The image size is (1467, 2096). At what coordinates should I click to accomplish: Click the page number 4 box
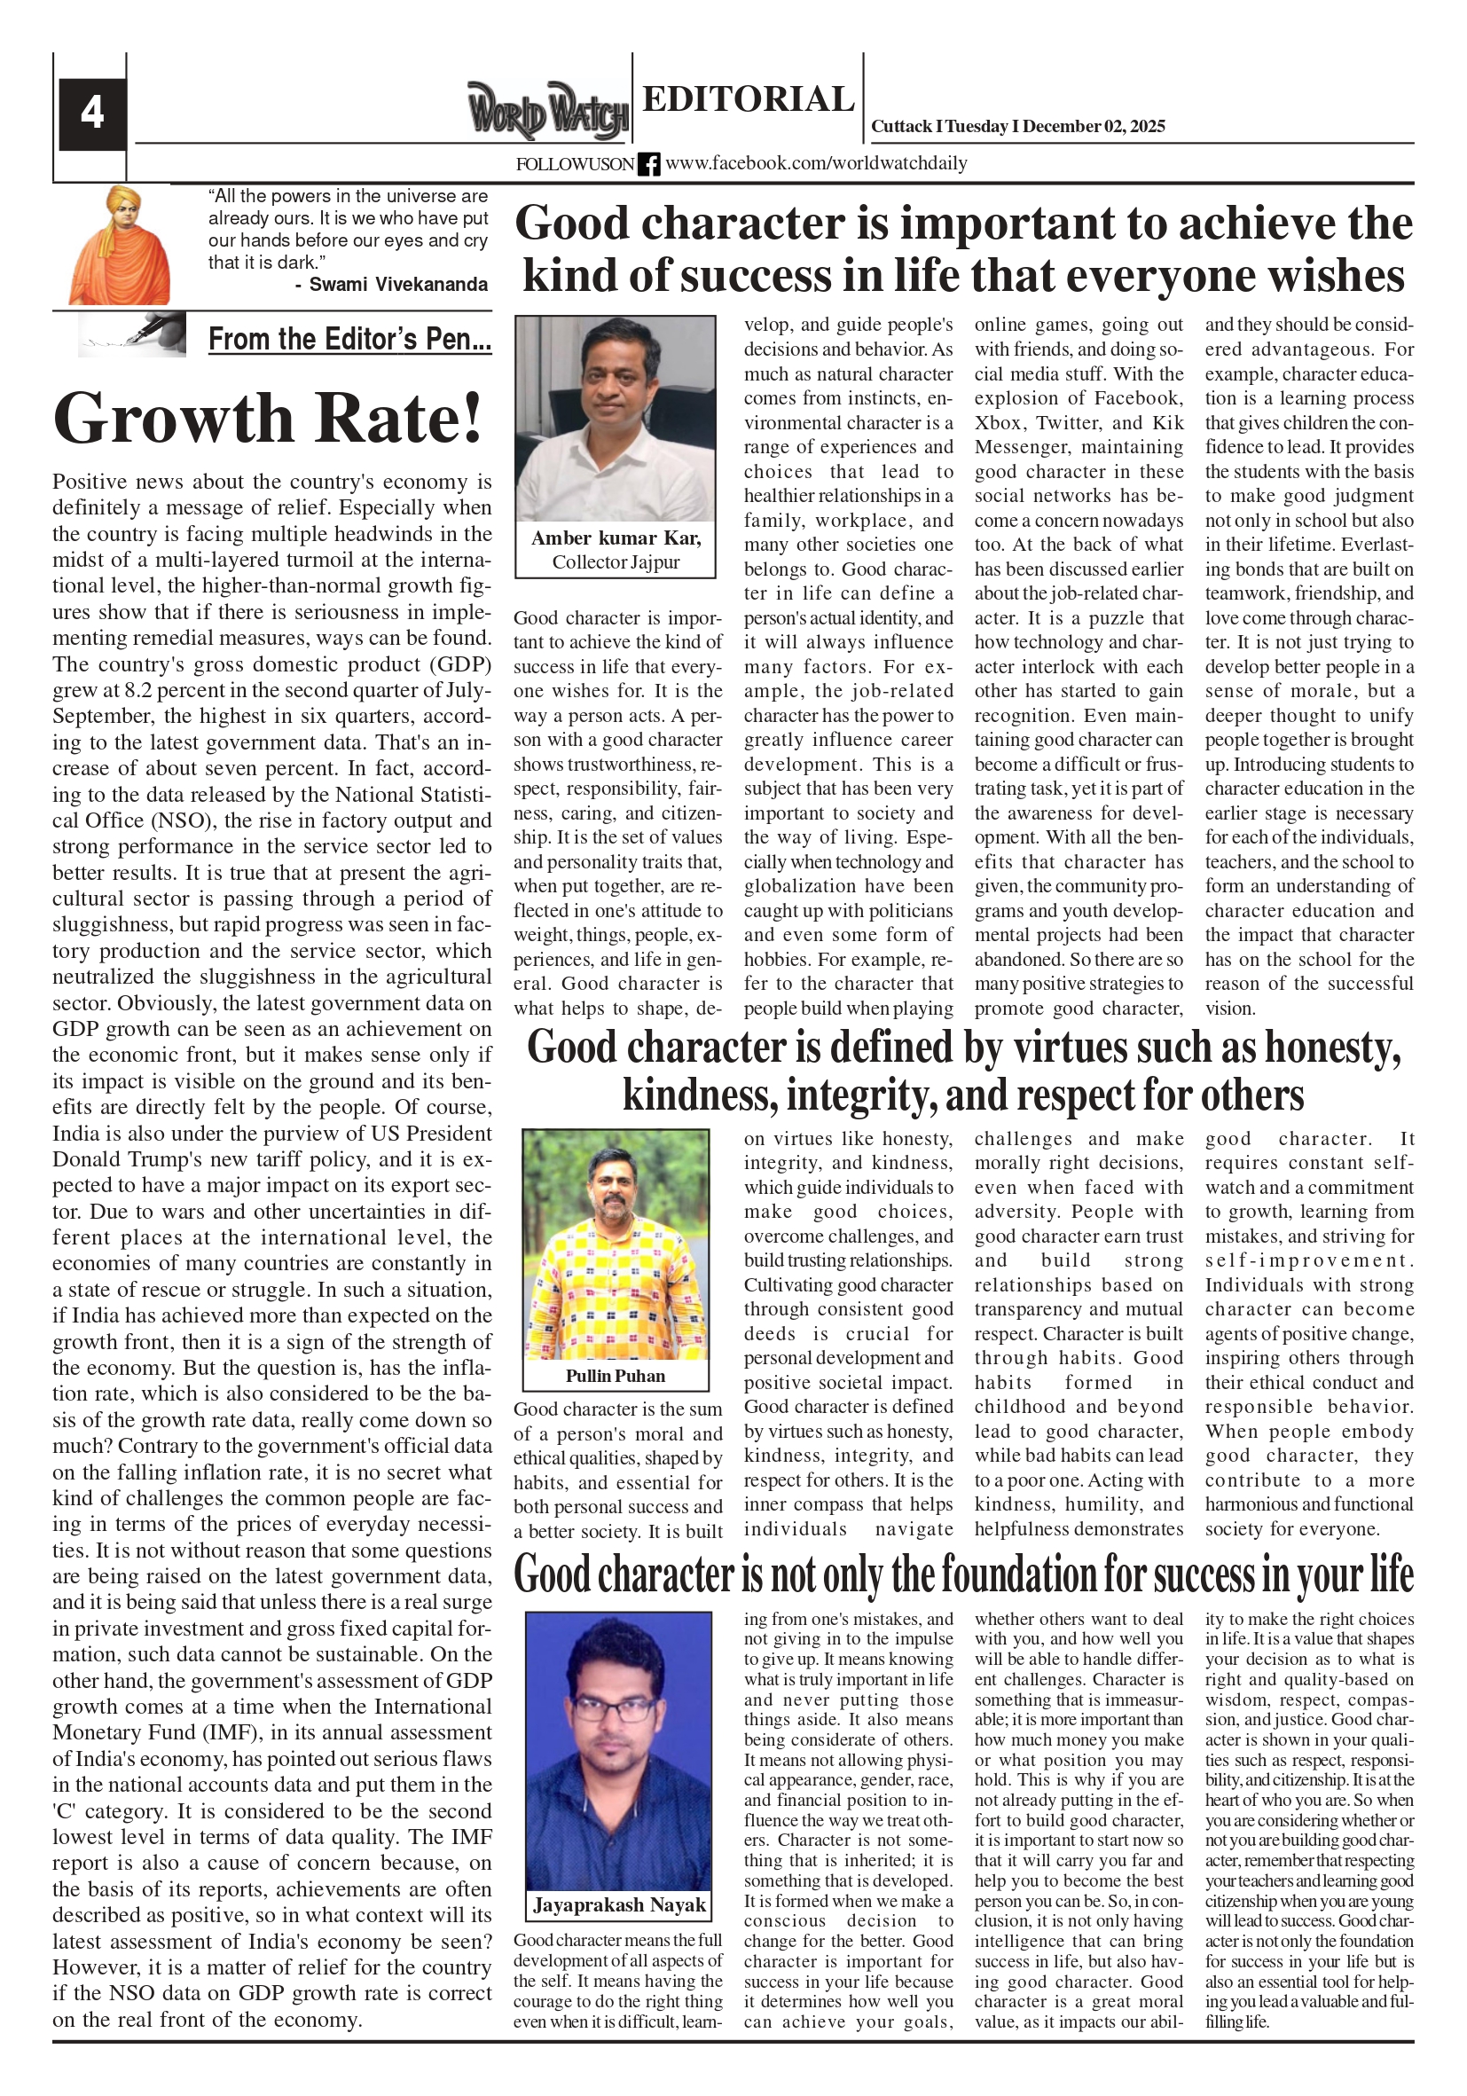[x=92, y=114]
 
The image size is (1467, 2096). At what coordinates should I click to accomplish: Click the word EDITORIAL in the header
[x=748, y=98]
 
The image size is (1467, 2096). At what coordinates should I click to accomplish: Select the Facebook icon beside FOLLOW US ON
[x=648, y=164]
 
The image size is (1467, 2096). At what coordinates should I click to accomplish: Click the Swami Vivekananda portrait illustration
[x=120, y=246]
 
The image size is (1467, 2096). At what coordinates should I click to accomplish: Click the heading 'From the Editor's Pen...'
[x=349, y=340]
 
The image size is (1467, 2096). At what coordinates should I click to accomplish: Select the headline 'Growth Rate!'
[x=268, y=418]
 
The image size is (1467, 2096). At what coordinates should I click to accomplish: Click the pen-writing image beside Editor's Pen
[x=132, y=335]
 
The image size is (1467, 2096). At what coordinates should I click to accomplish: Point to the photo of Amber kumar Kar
[x=616, y=419]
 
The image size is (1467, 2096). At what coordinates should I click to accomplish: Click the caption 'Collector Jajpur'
[x=616, y=562]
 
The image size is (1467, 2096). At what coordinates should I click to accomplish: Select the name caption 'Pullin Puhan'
[x=616, y=1376]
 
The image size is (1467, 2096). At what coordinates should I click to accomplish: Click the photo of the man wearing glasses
[x=618, y=1749]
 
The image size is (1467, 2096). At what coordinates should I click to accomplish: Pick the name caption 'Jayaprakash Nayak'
[x=619, y=1905]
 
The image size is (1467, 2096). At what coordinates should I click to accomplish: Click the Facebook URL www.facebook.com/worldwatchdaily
[x=816, y=163]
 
